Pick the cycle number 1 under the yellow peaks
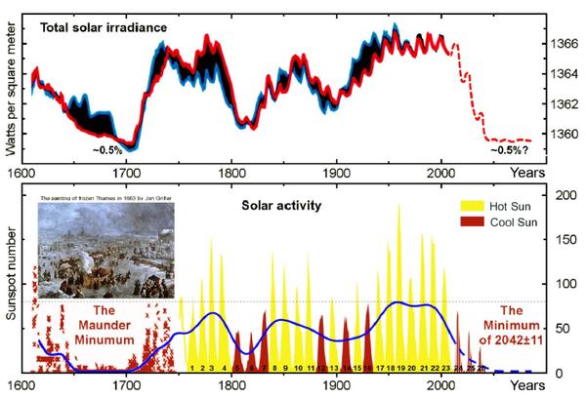tap(193, 368)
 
